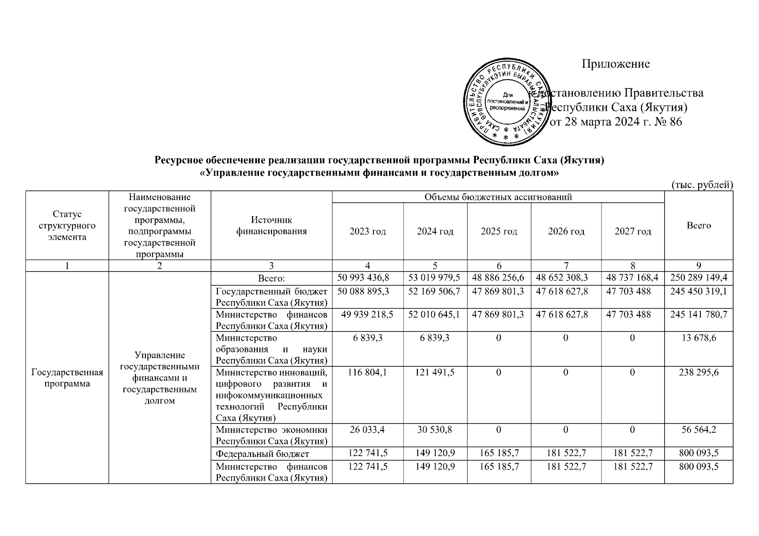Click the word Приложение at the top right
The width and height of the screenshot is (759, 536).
tap(615, 64)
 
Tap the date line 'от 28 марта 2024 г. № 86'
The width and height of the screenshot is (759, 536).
tap(615, 122)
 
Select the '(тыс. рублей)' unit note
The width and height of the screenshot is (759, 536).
tap(702, 184)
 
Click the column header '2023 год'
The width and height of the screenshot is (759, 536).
tap(368, 231)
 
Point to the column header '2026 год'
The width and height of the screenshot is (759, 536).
tap(566, 231)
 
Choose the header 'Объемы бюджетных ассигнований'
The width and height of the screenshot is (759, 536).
tap(498, 197)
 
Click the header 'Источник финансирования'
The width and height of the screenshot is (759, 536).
tap(271, 226)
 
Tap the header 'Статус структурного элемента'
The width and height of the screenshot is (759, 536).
tap(67, 226)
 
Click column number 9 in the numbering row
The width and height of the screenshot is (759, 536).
tap(698, 266)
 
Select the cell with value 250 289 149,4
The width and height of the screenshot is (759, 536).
tap(698, 278)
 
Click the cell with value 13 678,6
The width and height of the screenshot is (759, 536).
tap(698, 338)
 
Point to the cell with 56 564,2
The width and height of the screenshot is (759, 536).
tap(698, 430)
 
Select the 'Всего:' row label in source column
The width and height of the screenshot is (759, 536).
tap(271, 279)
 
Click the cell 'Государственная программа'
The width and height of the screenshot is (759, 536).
tap(67, 378)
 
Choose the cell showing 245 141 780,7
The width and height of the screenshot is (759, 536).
tap(698, 315)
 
